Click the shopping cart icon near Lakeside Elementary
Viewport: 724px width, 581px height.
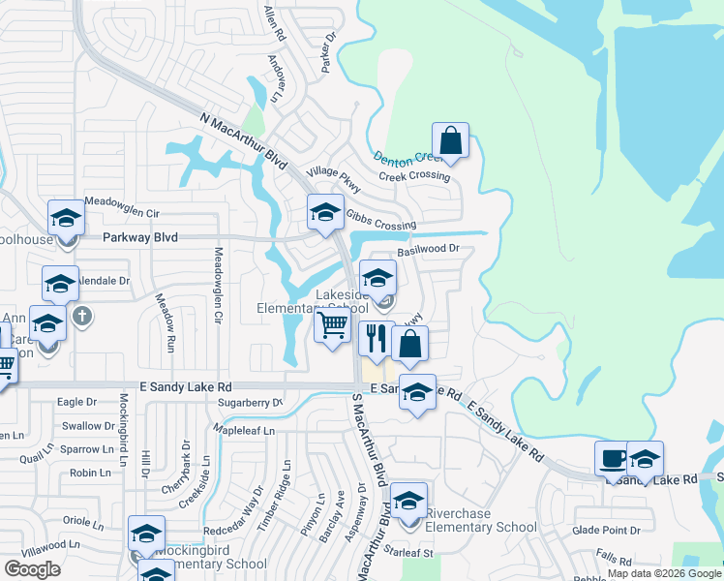[x=332, y=326]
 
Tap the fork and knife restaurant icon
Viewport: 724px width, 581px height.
[x=376, y=339]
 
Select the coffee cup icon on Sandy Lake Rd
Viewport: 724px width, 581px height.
[x=613, y=458]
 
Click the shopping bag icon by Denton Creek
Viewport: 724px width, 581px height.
[x=450, y=140]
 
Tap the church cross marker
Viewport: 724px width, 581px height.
[x=83, y=315]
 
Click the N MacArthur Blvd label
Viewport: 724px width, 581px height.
[x=243, y=140]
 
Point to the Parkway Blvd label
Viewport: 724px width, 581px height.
[x=138, y=237]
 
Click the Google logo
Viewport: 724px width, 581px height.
[x=32, y=568]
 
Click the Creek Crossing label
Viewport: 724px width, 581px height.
[x=414, y=176]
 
